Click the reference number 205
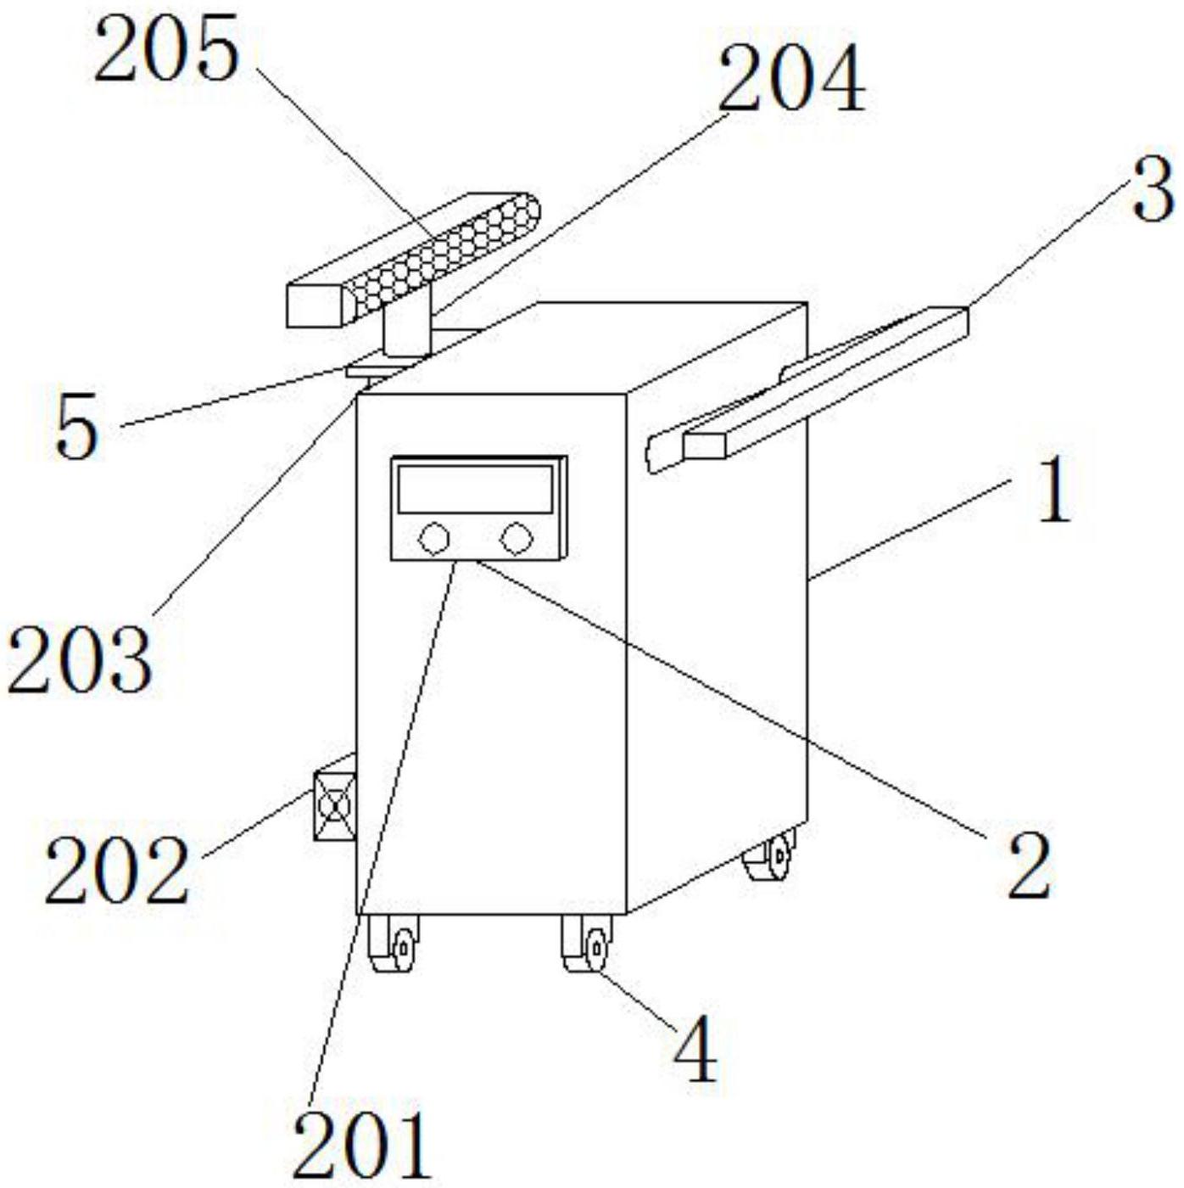[166, 51]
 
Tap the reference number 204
[790, 78]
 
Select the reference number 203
[80, 658]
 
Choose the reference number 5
[76, 430]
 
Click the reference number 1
[1054, 490]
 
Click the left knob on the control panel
[434, 537]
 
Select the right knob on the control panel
[516, 537]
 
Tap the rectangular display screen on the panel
[476, 489]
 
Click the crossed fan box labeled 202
[335, 805]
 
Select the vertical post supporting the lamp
[407, 333]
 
